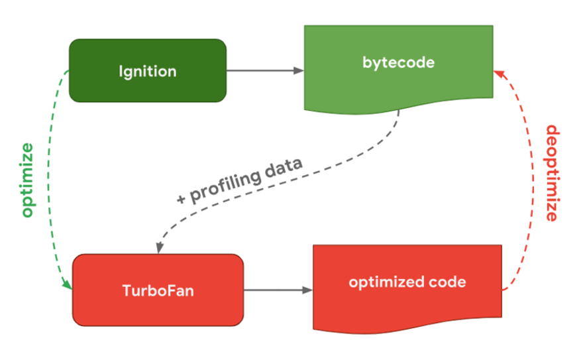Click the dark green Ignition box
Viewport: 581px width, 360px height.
pyautogui.click(x=147, y=70)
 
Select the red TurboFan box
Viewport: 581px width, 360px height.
pyautogui.click(x=158, y=290)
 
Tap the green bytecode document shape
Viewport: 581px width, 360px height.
pyautogui.click(x=398, y=66)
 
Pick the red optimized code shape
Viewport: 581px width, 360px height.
pyautogui.click(x=407, y=285)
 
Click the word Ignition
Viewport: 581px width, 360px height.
pyautogui.click(x=147, y=71)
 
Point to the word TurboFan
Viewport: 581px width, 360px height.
pyautogui.click(x=158, y=290)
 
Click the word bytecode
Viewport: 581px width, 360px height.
pyautogui.click(x=398, y=63)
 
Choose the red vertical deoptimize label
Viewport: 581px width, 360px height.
pyautogui.click(x=552, y=173)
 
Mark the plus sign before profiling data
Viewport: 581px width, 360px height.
pyautogui.click(x=183, y=198)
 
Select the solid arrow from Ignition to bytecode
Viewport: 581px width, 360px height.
pyautogui.click(x=265, y=70)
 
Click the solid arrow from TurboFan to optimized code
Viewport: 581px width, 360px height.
pyautogui.click(x=278, y=290)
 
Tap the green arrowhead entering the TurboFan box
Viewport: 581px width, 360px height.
pyautogui.click(x=68, y=284)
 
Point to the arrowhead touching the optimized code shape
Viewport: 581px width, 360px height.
pyautogui.click(x=307, y=290)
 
